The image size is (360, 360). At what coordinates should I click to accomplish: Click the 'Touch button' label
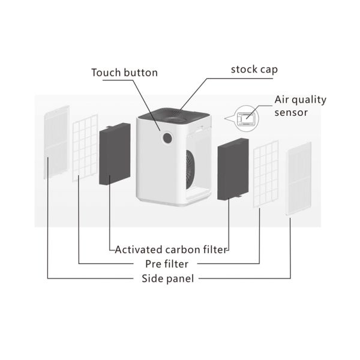pos(124,73)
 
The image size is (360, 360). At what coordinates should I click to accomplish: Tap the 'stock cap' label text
pos(254,70)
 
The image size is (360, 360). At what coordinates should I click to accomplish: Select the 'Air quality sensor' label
pos(299,106)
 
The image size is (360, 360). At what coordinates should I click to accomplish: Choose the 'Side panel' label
pos(167,278)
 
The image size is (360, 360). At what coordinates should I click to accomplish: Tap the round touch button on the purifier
pos(167,137)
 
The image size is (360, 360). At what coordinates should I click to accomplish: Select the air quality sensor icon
pos(245,117)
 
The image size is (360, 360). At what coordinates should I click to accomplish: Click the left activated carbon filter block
pos(115,154)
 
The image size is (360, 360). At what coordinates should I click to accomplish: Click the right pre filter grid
pos(265,174)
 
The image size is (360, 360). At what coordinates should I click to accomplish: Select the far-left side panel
pos(57,142)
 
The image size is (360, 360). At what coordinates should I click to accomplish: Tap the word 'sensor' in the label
pos(291,112)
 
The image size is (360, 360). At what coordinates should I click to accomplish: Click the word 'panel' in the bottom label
pos(181,278)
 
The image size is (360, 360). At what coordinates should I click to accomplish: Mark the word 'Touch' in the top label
pos(105,73)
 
